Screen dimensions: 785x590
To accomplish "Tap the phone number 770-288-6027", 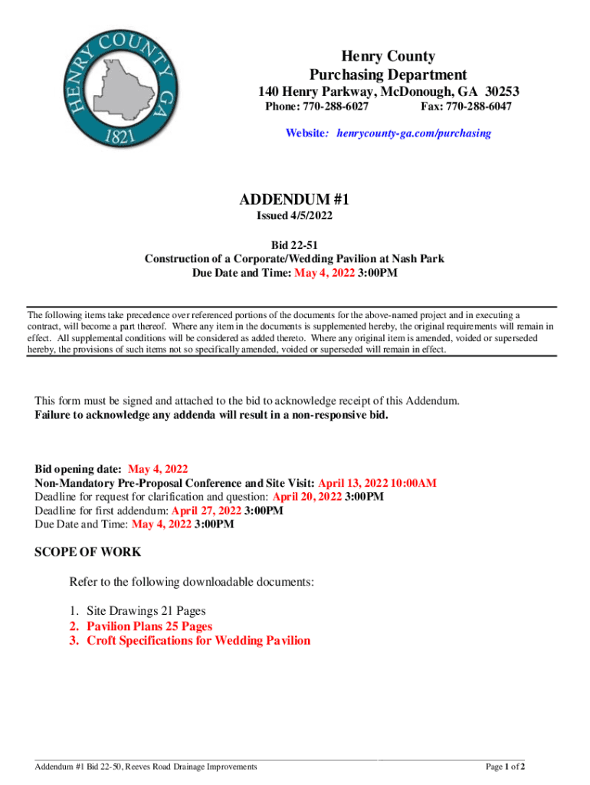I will click(x=331, y=107).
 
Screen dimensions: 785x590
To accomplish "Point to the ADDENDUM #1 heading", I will click(x=294, y=199).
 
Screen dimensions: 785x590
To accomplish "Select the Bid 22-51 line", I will click(x=294, y=245).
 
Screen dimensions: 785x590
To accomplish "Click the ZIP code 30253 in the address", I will click(x=501, y=91).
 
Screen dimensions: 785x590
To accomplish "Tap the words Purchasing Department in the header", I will click(x=388, y=74).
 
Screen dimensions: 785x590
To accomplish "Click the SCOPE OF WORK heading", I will click(x=88, y=552).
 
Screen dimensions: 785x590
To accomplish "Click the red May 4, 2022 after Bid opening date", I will click(x=158, y=469).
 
